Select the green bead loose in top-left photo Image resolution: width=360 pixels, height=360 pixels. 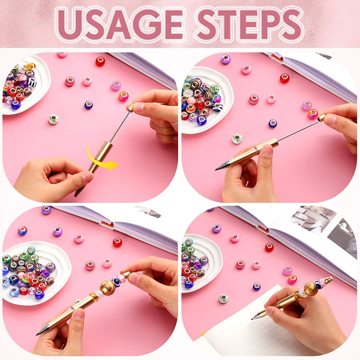pyautogui.click(x=54, y=119)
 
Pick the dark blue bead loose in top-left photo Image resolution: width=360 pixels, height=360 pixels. pyautogui.click(x=89, y=105)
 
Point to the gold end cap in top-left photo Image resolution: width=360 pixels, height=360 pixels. pyautogui.click(x=131, y=108)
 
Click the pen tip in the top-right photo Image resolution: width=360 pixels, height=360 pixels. pyautogui.click(x=217, y=169)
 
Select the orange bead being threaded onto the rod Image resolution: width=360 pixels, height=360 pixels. pyautogui.click(x=313, y=114)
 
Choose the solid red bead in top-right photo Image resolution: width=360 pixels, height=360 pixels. pyautogui.click(x=284, y=78)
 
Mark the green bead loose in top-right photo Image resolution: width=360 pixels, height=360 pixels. pyautogui.click(x=237, y=139)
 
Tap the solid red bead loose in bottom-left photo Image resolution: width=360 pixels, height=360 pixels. pyautogui.click(x=117, y=242)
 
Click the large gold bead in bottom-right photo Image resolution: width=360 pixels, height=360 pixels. pyautogui.click(x=310, y=288)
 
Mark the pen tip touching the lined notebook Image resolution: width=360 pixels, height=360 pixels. pyautogui.click(x=253, y=318)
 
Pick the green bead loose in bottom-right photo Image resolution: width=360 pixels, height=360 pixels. pyautogui.click(x=224, y=298)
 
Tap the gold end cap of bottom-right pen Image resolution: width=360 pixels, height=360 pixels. pyautogui.click(x=328, y=280)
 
